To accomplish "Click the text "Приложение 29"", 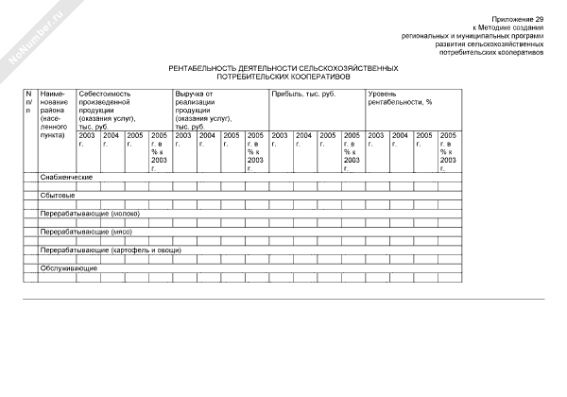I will (x=521, y=19).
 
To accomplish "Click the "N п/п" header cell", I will (x=29, y=106).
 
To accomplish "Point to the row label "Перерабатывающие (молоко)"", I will (x=90, y=214).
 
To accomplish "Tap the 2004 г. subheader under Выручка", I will (x=208, y=140).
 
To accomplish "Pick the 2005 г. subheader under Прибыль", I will (x=328, y=140).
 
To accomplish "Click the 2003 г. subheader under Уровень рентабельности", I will (x=376, y=140).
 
